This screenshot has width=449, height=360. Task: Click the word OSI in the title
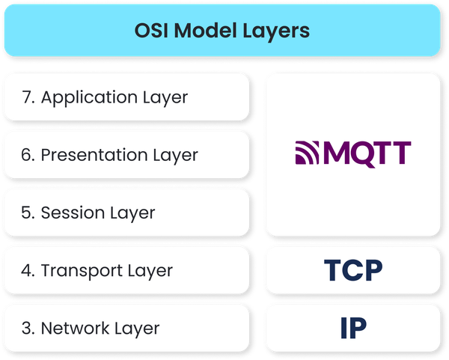point(153,31)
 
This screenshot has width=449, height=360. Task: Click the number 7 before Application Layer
point(26,97)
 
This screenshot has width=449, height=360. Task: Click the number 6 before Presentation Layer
point(27,155)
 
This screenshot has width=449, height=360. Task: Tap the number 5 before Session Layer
point(27,213)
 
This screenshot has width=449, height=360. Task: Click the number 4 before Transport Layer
point(27,270)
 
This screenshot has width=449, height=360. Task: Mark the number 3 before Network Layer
point(27,328)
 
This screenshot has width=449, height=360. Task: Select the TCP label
point(352,271)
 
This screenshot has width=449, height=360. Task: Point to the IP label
point(352,328)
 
